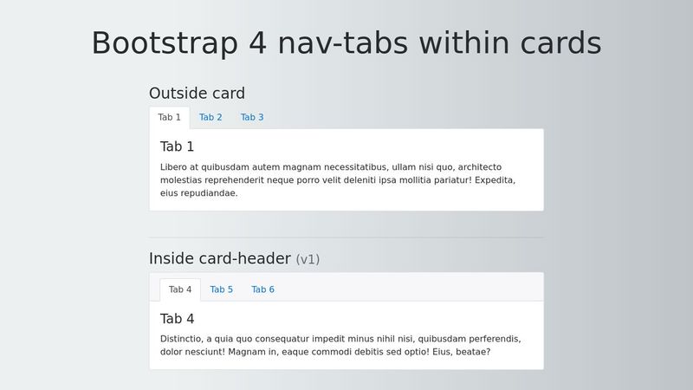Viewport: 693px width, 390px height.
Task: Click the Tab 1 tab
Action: click(170, 118)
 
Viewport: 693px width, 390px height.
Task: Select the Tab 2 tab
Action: click(210, 118)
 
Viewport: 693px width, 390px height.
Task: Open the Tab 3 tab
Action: click(252, 118)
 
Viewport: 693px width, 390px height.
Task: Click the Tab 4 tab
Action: click(180, 289)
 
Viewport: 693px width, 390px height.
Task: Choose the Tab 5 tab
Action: click(221, 289)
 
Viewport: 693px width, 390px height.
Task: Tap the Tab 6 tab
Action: click(262, 289)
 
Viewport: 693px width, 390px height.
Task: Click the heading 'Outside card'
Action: click(197, 94)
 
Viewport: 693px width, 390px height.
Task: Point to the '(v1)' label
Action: click(308, 259)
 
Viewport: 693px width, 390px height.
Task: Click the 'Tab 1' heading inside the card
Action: click(177, 146)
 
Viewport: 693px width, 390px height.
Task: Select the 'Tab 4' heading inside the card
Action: click(177, 319)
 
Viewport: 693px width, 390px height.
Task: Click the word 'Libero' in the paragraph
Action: click(175, 167)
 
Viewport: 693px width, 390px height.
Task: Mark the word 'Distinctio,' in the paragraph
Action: click(184, 339)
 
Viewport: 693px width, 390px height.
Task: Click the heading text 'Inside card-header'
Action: click(219, 259)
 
